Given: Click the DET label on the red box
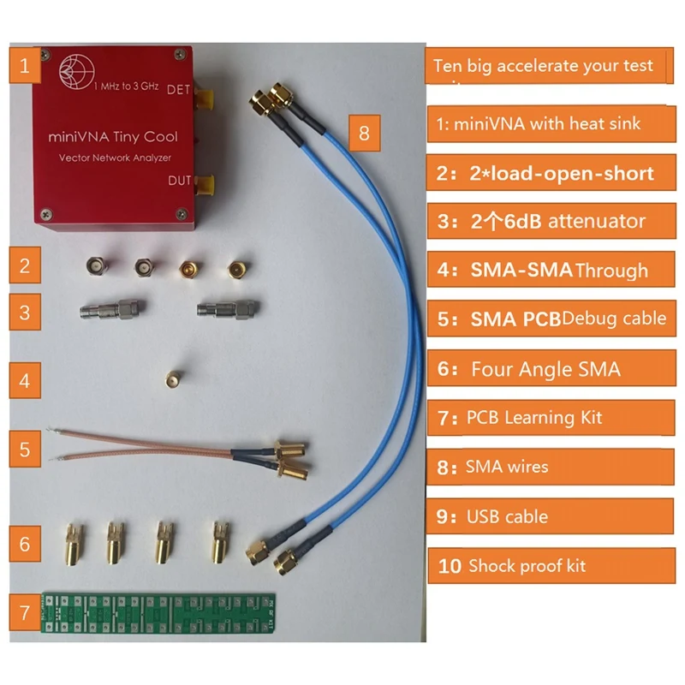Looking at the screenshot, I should tap(179, 89).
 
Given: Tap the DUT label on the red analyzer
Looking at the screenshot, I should tap(180, 179).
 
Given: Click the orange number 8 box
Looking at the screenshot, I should tap(365, 133).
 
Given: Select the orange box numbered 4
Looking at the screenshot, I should tap(25, 379).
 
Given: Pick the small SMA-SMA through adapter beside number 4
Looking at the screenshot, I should tap(173, 377).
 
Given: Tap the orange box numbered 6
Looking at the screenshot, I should tap(25, 543).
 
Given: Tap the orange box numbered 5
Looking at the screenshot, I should tap(25, 449).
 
